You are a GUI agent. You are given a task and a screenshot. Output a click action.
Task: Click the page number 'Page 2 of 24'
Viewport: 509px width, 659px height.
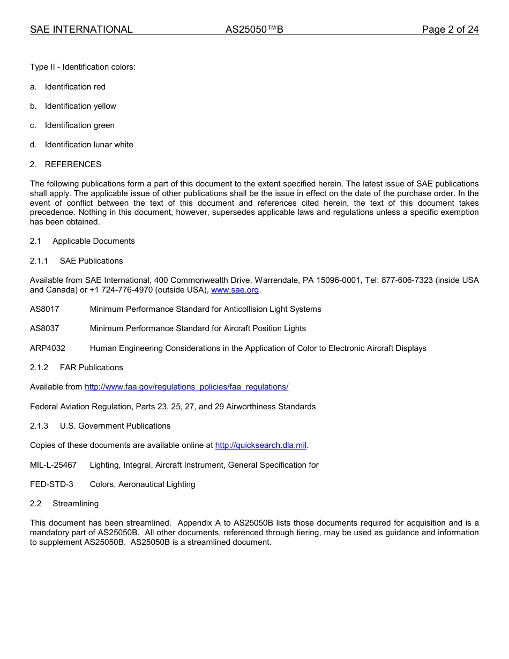click(x=450, y=29)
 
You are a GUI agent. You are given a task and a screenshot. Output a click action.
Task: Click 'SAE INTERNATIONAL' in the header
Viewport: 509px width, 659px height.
click(x=81, y=29)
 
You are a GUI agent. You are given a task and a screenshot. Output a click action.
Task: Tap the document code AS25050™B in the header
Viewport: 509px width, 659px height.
click(x=254, y=29)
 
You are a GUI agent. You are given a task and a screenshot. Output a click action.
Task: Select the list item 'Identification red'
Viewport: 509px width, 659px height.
click(x=75, y=87)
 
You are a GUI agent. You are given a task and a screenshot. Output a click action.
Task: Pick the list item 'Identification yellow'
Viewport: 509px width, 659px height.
click(x=80, y=106)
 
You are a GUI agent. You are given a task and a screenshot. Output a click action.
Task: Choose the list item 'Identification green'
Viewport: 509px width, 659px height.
click(x=79, y=125)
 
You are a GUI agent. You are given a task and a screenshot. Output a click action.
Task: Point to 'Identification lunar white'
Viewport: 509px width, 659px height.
click(x=89, y=145)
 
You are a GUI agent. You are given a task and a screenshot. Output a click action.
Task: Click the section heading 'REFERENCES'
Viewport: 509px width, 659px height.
click(x=73, y=164)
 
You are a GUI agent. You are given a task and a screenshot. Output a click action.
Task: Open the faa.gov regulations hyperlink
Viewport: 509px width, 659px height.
click(x=186, y=387)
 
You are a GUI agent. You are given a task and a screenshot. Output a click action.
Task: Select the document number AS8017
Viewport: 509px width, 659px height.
click(x=44, y=309)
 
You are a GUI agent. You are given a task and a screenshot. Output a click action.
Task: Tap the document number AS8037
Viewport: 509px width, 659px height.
click(x=44, y=328)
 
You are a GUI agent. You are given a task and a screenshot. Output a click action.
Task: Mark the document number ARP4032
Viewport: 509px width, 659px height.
click(x=48, y=348)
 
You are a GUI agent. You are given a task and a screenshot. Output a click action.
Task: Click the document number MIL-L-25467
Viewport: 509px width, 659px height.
click(x=53, y=465)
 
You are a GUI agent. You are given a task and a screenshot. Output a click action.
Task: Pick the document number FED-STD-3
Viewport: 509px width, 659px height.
click(x=51, y=484)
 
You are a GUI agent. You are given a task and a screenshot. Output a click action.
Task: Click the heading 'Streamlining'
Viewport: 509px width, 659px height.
click(x=76, y=504)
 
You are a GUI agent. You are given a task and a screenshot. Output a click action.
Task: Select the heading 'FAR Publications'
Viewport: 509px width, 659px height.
click(x=91, y=368)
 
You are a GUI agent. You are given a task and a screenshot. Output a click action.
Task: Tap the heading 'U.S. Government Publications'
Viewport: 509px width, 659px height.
click(x=115, y=426)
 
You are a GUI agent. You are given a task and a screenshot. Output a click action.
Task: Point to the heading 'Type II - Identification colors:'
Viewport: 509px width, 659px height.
click(x=83, y=67)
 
